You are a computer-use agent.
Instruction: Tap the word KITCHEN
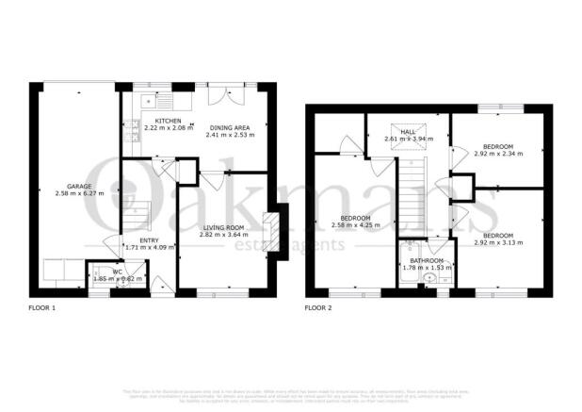click(169, 122)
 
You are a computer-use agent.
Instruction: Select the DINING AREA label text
click(230, 127)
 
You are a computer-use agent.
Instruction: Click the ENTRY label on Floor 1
click(149, 239)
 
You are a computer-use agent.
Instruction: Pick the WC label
click(117, 272)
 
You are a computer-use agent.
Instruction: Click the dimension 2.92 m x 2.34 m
click(497, 156)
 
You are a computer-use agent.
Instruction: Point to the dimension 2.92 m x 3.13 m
click(497, 242)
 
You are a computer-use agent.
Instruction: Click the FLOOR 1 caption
click(43, 307)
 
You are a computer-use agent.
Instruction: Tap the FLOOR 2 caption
click(320, 307)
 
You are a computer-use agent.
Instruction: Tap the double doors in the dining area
click(221, 96)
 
